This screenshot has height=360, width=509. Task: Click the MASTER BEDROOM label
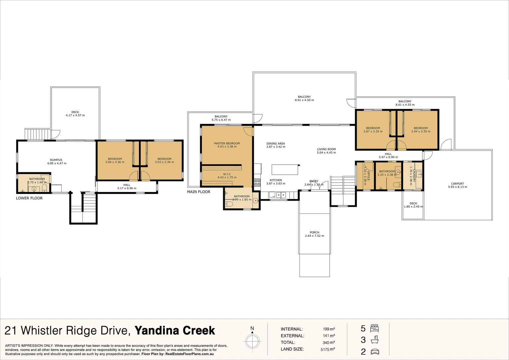(x=227, y=143)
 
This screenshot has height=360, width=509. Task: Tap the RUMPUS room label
(x=56, y=160)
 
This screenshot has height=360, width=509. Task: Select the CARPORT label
(x=457, y=184)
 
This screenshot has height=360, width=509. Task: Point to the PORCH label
(x=314, y=232)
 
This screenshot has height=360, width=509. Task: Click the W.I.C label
(x=227, y=174)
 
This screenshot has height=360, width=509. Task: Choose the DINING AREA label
(x=275, y=144)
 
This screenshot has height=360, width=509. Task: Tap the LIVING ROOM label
(x=326, y=149)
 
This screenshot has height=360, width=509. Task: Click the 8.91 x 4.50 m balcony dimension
(x=304, y=100)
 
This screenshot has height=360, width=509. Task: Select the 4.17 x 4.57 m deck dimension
(x=75, y=115)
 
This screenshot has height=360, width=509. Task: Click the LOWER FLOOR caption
(x=29, y=198)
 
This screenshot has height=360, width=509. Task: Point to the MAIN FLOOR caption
(x=199, y=192)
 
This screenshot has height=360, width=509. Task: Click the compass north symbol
(x=252, y=341)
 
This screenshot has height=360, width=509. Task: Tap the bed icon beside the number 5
(x=375, y=328)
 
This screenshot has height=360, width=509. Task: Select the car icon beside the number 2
(x=375, y=352)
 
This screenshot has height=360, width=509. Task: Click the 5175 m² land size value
(x=327, y=349)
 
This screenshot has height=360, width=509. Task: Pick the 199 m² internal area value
(x=328, y=329)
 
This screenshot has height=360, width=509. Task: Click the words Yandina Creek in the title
(x=175, y=330)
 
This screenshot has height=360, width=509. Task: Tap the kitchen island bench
(x=285, y=170)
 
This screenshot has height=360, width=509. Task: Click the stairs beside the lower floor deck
(x=38, y=134)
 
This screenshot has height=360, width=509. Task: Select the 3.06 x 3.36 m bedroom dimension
(x=115, y=162)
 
